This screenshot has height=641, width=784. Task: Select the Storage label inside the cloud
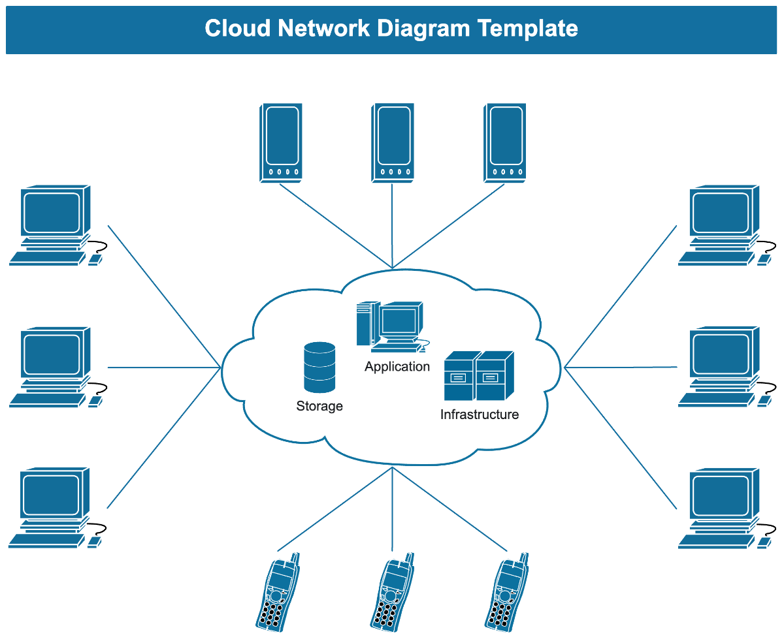coord(319,406)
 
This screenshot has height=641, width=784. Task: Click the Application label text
coord(397,366)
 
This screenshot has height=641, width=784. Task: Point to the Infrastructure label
coord(480,414)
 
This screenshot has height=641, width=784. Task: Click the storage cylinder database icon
coord(319,367)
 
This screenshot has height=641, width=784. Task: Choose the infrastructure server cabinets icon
coord(478,376)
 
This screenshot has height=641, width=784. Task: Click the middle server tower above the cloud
coord(393,142)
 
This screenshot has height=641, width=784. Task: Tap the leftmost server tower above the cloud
coord(281,142)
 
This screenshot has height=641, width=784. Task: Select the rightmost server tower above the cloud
coord(505,142)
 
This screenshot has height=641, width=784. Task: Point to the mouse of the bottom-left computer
coord(94,541)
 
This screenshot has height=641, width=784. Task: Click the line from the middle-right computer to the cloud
coord(621,367)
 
